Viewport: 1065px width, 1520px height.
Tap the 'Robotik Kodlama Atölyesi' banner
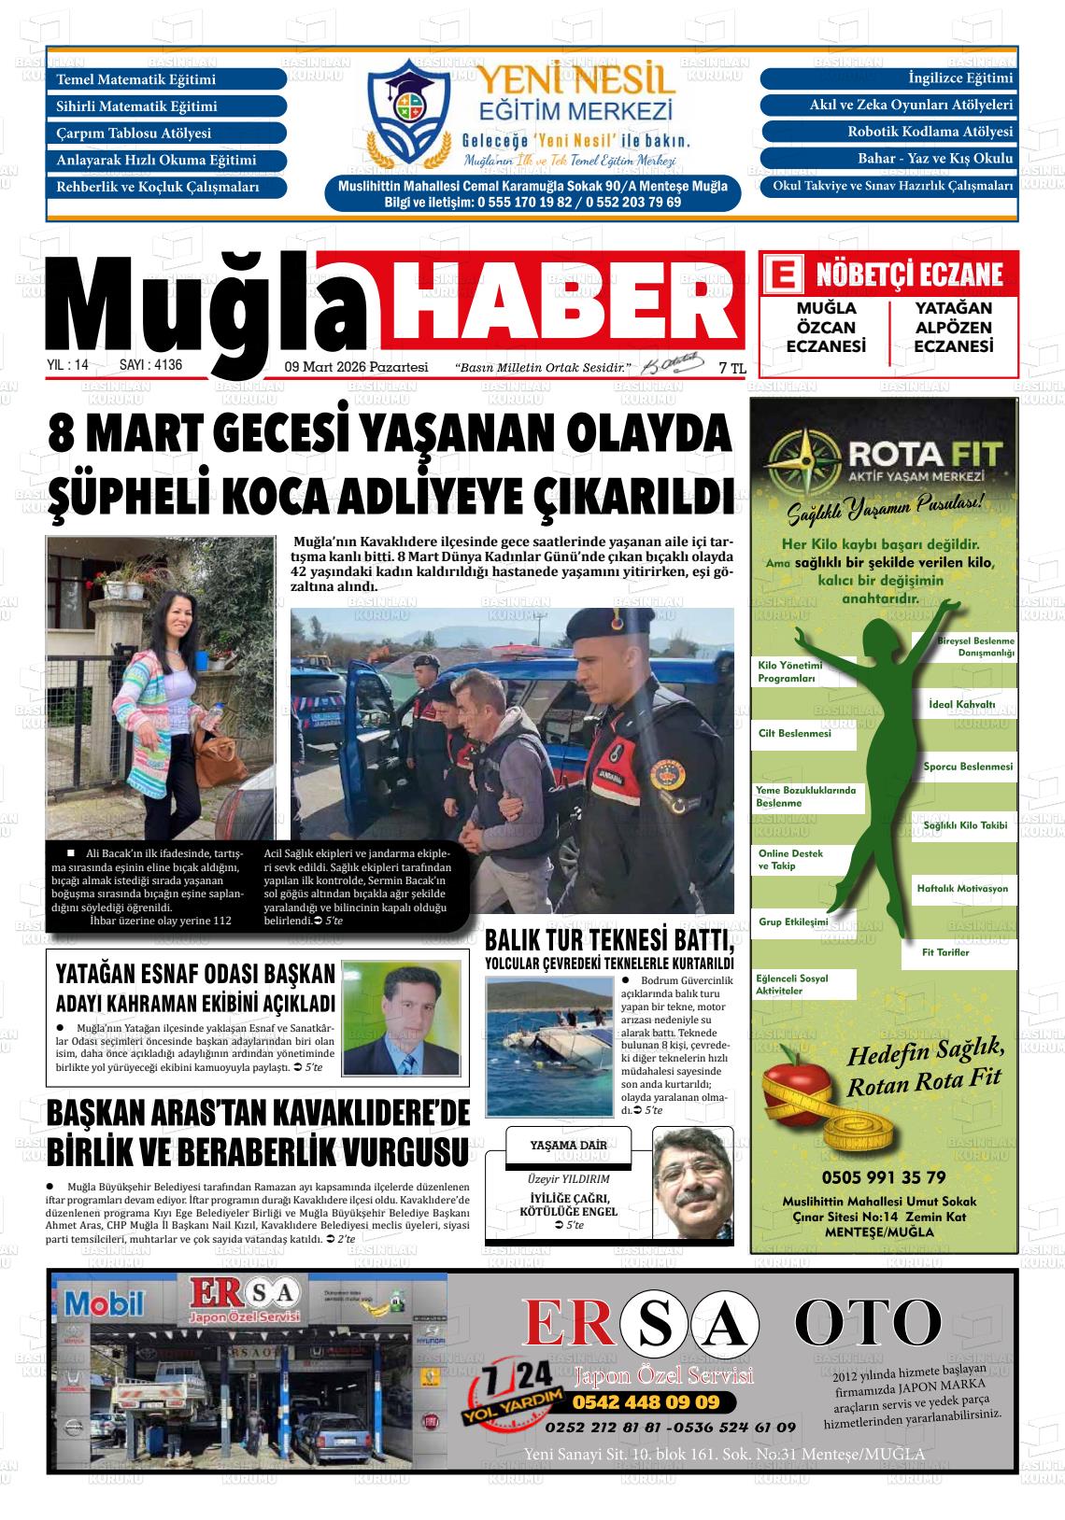point(888,132)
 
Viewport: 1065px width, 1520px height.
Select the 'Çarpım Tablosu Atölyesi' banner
point(166,134)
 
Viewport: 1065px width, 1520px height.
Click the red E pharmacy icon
point(782,274)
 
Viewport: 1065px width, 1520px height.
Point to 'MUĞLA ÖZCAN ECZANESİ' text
point(826,328)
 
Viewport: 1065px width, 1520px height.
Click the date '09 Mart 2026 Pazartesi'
point(356,367)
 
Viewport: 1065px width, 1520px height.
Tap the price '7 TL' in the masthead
point(732,369)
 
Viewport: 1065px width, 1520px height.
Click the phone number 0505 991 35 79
point(883,1177)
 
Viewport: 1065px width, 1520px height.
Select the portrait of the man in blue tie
point(403,1022)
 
